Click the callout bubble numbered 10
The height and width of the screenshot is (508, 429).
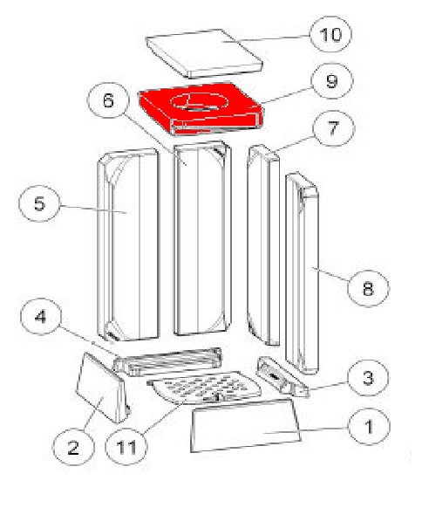pyautogui.click(x=330, y=34)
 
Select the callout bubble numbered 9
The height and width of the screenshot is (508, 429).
pyautogui.click(x=332, y=80)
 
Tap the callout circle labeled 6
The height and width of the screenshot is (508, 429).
pyautogui.click(x=108, y=100)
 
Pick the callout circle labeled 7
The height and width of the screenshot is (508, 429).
pyautogui.click(x=334, y=128)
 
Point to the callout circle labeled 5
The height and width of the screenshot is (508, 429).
pyautogui.click(x=39, y=203)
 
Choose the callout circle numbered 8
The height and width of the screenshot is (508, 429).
pyautogui.click(x=368, y=288)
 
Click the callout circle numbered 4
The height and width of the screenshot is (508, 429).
pyautogui.click(x=40, y=316)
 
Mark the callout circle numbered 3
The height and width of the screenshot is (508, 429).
pyautogui.click(x=368, y=377)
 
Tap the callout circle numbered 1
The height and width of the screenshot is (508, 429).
pyautogui.click(x=369, y=426)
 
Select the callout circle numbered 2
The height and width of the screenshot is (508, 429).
pyautogui.click(x=73, y=447)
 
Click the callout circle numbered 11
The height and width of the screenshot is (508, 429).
pyautogui.click(x=126, y=447)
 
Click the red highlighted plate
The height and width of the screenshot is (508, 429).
pyautogui.click(x=201, y=108)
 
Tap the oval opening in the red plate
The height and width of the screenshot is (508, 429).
pyautogui.click(x=199, y=101)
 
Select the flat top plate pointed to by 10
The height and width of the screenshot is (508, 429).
pyautogui.click(x=204, y=53)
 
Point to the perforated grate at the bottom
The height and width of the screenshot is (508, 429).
pyautogui.click(x=204, y=388)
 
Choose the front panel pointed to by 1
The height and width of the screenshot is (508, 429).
pyautogui.click(x=245, y=425)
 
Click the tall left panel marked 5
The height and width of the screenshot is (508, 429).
pyautogui.click(x=129, y=244)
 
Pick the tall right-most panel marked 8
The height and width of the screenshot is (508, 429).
pyautogui.click(x=303, y=273)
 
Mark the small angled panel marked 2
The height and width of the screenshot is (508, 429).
pyautogui.click(x=101, y=388)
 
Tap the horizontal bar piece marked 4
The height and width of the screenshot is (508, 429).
pyautogui.click(x=167, y=360)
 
